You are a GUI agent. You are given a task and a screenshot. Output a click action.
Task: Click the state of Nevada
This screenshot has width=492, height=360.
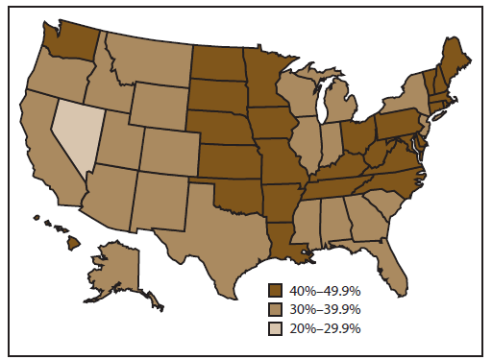(x=75, y=134)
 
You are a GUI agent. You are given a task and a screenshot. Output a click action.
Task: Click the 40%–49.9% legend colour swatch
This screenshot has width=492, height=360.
(x=277, y=291)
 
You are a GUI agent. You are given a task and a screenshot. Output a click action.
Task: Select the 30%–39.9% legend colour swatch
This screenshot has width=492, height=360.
(x=277, y=309)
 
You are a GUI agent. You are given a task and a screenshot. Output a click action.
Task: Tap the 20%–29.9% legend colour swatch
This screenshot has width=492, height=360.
(x=277, y=327)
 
